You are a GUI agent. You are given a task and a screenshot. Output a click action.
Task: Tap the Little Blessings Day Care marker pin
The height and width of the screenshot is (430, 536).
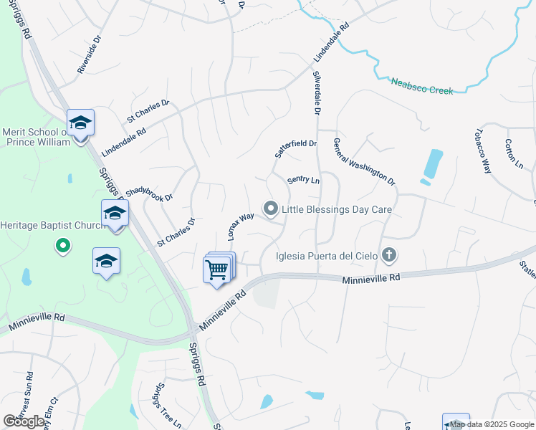(x=271, y=209)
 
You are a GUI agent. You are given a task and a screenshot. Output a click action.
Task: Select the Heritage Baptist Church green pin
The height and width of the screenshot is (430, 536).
(x=63, y=247)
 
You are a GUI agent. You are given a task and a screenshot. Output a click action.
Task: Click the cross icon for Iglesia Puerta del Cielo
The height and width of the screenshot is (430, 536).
(x=389, y=254)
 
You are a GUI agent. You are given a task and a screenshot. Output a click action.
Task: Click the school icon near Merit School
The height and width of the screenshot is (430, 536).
(x=81, y=123)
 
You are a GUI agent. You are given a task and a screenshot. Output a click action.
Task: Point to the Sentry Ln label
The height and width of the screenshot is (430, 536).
(x=303, y=180)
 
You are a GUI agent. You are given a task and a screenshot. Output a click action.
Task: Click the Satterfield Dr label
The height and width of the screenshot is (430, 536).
(x=296, y=149)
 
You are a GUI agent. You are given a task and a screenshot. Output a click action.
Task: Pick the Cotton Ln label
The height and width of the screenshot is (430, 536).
(x=514, y=154)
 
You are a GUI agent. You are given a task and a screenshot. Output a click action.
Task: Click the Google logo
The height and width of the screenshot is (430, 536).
(x=24, y=421)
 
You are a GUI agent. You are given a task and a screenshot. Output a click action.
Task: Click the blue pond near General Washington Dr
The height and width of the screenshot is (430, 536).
(x=432, y=164)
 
